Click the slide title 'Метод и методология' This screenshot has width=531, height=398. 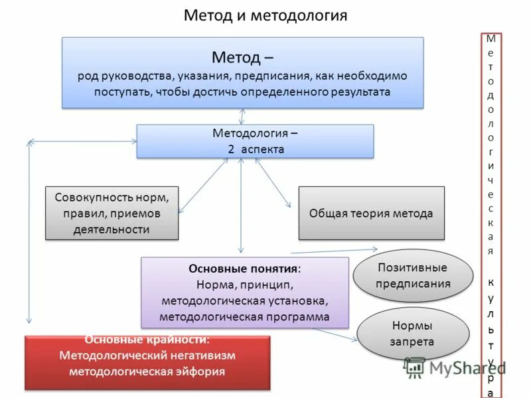tap(265, 15)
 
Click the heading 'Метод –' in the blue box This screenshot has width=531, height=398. tap(242, 57)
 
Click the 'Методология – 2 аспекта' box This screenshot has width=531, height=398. tap(255, 141)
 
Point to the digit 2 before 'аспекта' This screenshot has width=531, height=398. tap(231, 149)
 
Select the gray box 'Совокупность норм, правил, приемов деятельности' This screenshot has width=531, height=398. tap(112, 213)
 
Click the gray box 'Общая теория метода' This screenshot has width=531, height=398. tap(370, 213)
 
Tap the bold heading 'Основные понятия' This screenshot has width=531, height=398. tap(243, 269)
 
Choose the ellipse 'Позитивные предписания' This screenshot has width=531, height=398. tap(412, 275)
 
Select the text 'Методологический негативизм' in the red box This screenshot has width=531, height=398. tap(147, 355)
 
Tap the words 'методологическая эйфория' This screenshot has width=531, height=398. tap(147, 371)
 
